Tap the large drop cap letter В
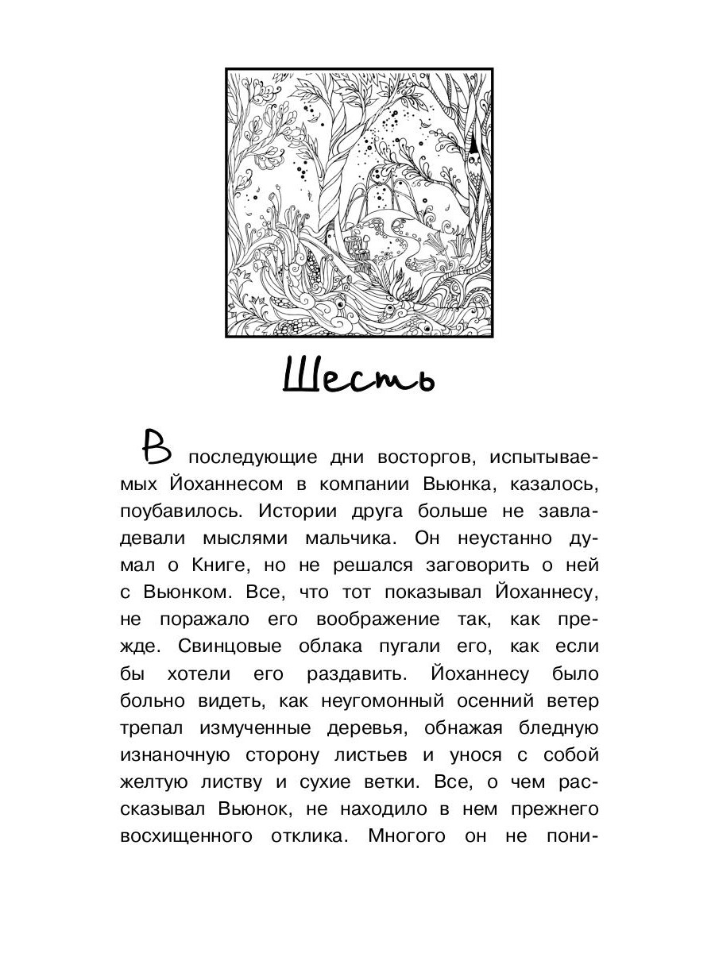(156, 449)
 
